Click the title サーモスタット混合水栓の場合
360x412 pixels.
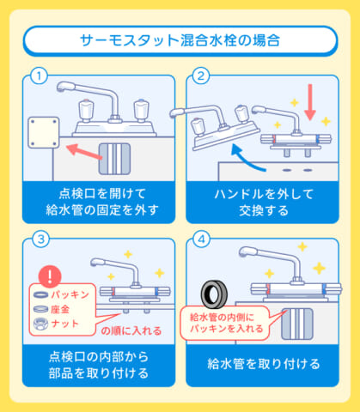coord(180,40)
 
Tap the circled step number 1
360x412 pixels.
coord(37,76)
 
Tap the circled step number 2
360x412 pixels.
coord(201,76)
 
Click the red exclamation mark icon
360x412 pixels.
coord(54,276)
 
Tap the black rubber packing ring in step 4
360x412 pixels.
coord(213,294)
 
